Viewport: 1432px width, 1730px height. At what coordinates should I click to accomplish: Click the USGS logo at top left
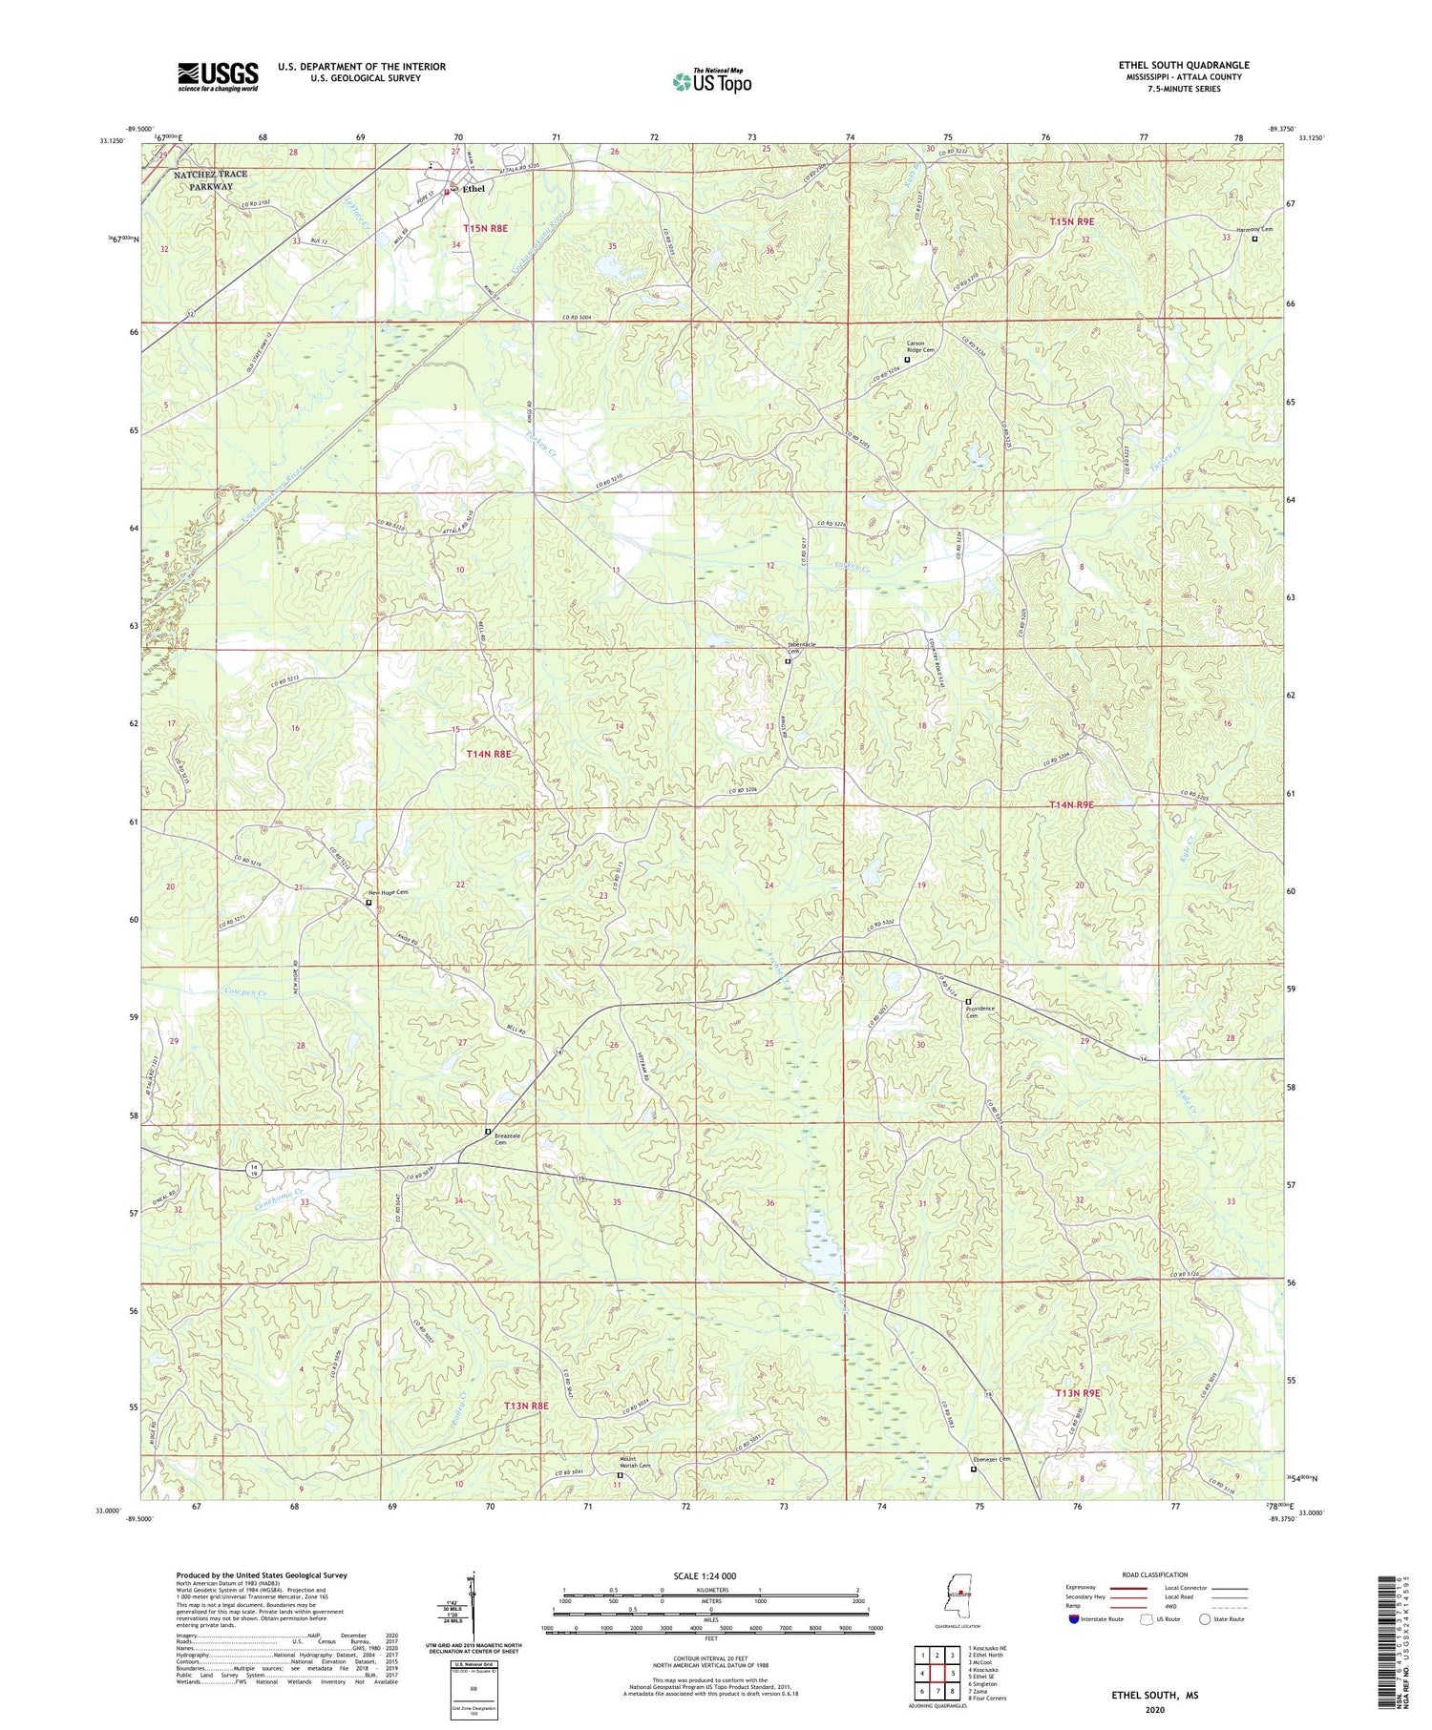(218, 76)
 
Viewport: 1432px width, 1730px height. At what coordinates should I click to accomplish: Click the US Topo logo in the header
(711, 81)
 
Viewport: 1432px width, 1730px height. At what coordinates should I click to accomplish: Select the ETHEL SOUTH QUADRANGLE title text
(1183, 65)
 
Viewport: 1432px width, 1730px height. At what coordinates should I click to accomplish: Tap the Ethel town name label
(474, 189)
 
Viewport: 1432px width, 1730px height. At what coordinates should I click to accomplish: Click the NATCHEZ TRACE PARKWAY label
(210, 180)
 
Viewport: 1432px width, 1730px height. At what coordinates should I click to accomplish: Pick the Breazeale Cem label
(507, 1139)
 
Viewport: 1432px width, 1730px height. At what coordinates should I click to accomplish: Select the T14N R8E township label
(488, 754)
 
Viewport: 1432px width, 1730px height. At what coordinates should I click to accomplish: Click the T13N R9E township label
(1078, 1393)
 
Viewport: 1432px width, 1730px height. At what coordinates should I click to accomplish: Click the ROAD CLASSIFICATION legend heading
(1155, 1574)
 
